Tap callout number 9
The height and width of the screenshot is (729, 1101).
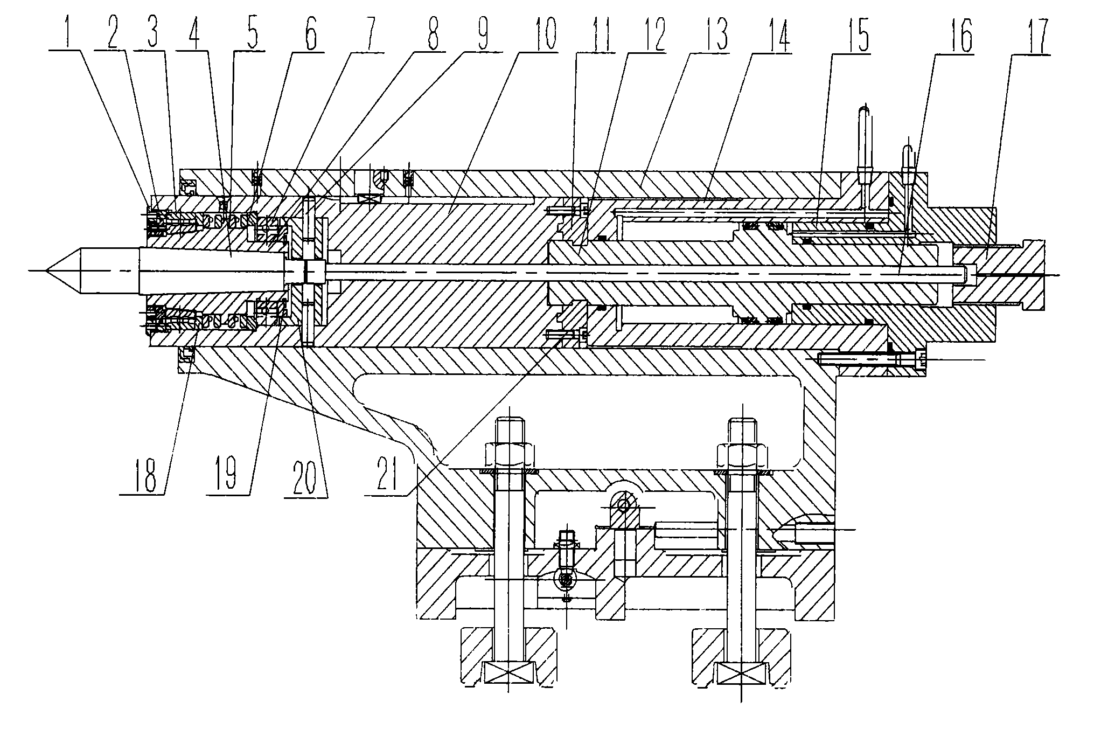click(x=482, y=33)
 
